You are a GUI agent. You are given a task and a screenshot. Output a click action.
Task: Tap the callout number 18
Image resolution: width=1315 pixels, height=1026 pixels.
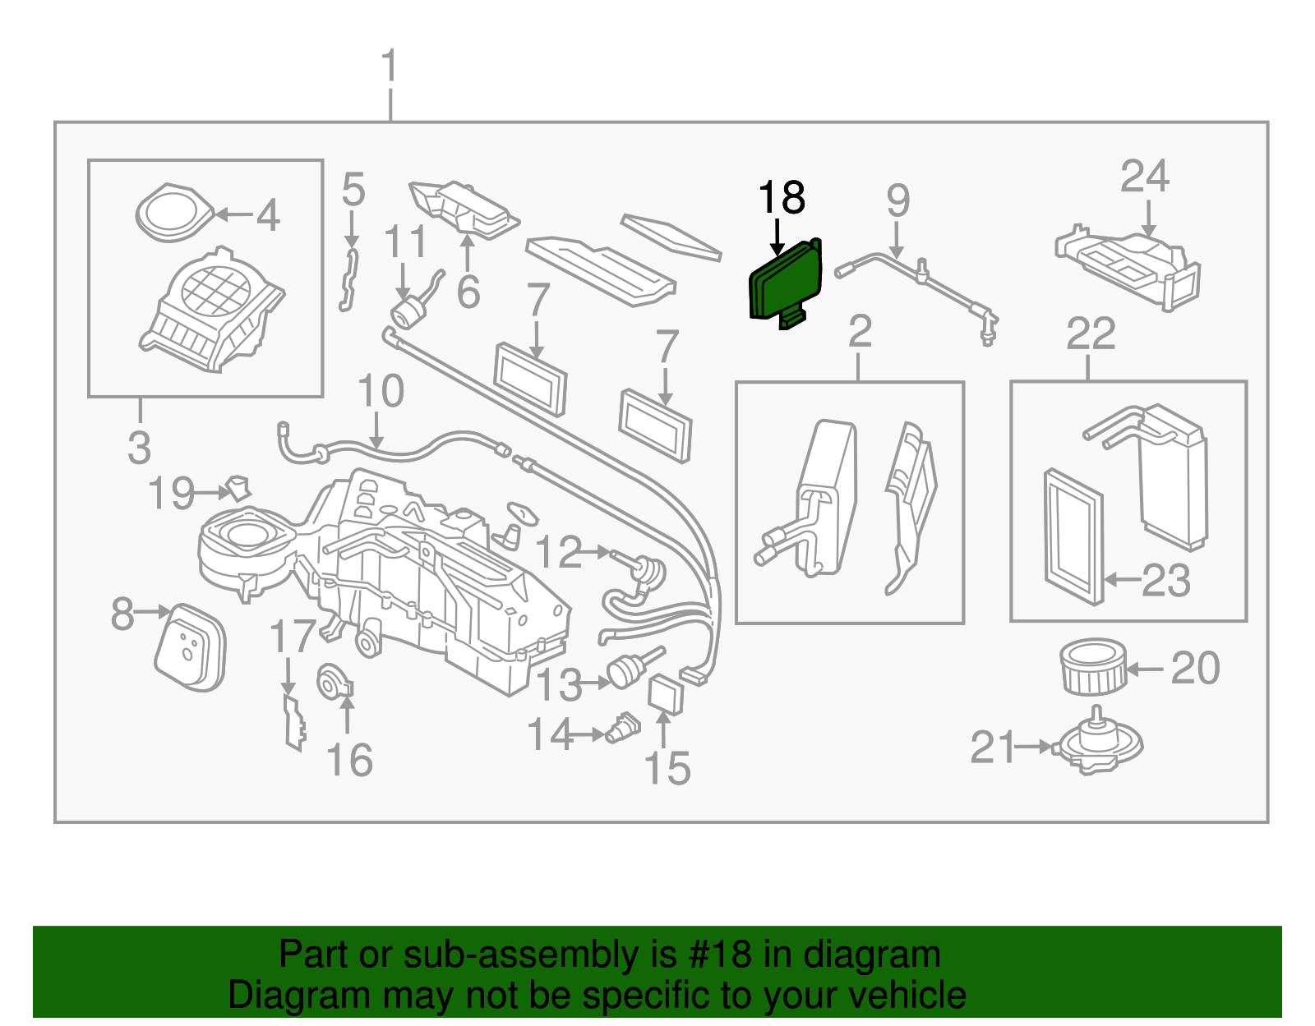(x=781, y=198)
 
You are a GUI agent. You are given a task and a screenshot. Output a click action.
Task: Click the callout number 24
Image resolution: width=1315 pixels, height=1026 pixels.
(x=1144, y=177)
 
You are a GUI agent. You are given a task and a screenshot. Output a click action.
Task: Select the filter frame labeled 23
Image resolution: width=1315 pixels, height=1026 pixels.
(x=1072, y=535)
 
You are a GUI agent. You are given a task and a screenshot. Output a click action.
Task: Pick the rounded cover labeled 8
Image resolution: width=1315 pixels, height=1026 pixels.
(x=190, y=647)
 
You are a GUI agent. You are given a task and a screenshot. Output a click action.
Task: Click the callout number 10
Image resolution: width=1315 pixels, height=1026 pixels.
(x=381, y=391)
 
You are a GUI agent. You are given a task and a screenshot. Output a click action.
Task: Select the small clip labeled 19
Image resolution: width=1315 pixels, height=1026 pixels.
(x=239, y=489)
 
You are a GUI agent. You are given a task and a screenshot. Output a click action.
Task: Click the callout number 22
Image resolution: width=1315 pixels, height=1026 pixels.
(x=1091, y=334)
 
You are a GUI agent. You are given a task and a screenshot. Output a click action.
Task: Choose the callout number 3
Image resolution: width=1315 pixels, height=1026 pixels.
(x=140, y=448)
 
